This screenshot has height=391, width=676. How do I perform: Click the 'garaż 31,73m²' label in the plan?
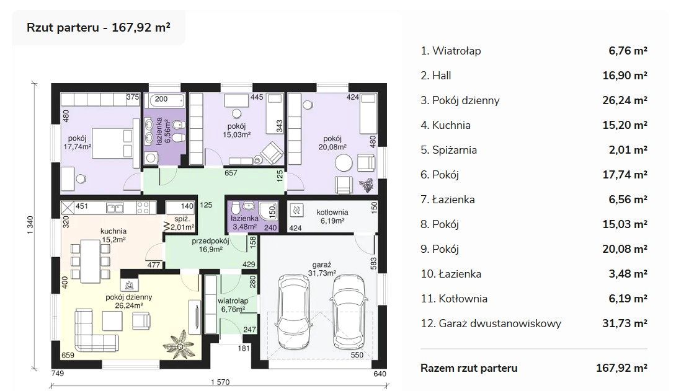322,269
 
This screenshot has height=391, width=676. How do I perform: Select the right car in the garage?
349,313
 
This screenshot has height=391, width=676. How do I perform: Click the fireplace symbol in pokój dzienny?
130,284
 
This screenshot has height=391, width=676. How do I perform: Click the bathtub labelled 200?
164,100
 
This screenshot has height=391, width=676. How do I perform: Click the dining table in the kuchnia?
91,261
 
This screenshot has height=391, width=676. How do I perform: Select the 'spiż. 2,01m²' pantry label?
182,222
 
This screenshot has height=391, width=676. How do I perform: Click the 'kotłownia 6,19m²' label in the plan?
332,217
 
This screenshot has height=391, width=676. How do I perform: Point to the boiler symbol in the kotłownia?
296,210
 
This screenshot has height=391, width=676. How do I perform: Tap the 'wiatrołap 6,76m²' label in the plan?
233,305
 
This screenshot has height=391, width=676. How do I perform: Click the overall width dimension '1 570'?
220,382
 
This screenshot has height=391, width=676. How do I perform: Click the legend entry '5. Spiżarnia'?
448,150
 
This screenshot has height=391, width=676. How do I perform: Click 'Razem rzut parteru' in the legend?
469,368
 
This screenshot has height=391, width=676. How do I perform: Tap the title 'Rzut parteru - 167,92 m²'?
98,27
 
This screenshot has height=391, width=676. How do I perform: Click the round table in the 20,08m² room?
344,163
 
